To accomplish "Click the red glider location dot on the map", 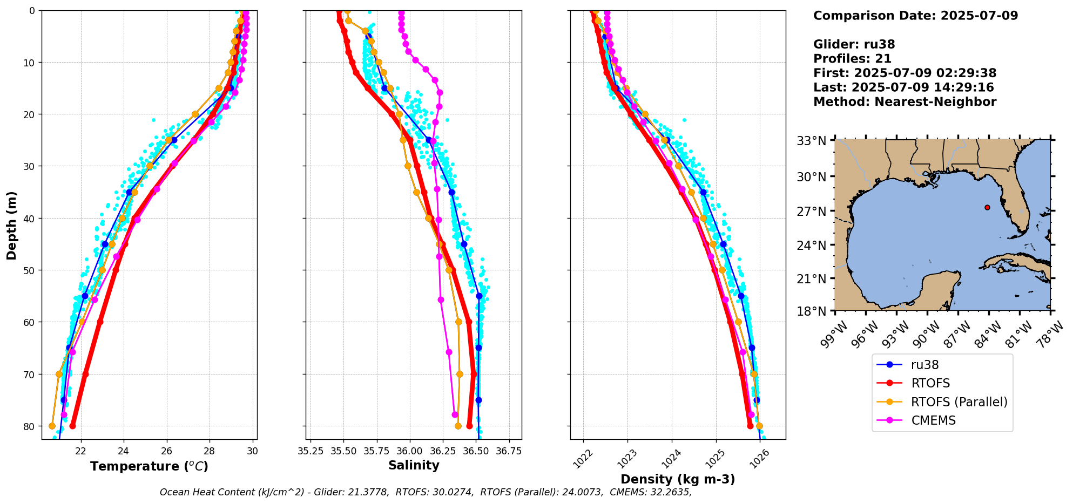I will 987,207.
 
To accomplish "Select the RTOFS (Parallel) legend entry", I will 959,402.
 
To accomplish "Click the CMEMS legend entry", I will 933,420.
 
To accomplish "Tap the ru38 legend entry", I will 924,365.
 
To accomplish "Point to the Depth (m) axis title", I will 11,225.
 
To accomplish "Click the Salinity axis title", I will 414,465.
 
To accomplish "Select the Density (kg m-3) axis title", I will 678,479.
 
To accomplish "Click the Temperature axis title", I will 149,466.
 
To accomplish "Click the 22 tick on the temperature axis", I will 81,451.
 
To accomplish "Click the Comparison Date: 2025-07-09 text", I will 915,16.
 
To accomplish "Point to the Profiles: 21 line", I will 852,59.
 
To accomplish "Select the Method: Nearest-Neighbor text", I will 905,101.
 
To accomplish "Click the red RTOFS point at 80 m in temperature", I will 72,426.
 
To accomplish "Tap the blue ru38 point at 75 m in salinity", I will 478,400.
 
